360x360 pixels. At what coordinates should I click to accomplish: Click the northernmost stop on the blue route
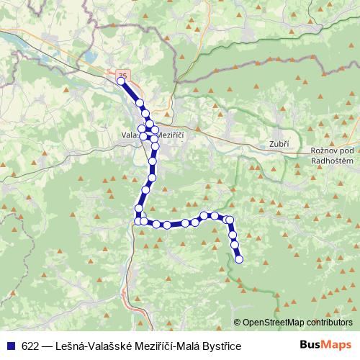point(120,81)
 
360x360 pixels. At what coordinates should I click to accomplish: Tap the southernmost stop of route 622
point(239,259)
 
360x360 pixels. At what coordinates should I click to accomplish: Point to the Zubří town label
point(279,144)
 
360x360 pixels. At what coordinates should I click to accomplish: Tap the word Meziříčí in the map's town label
point(171,135)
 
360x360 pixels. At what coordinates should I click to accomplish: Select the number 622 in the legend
point(30,346)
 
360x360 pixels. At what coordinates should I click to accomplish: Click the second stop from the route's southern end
point(235,246)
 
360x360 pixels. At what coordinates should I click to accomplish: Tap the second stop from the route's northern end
point(140,104)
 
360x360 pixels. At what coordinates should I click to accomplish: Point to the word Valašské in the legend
point(109,346)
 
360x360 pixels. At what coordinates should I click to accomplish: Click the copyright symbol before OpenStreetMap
point(238,322)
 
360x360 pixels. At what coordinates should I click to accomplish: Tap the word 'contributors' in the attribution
point(328,322)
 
